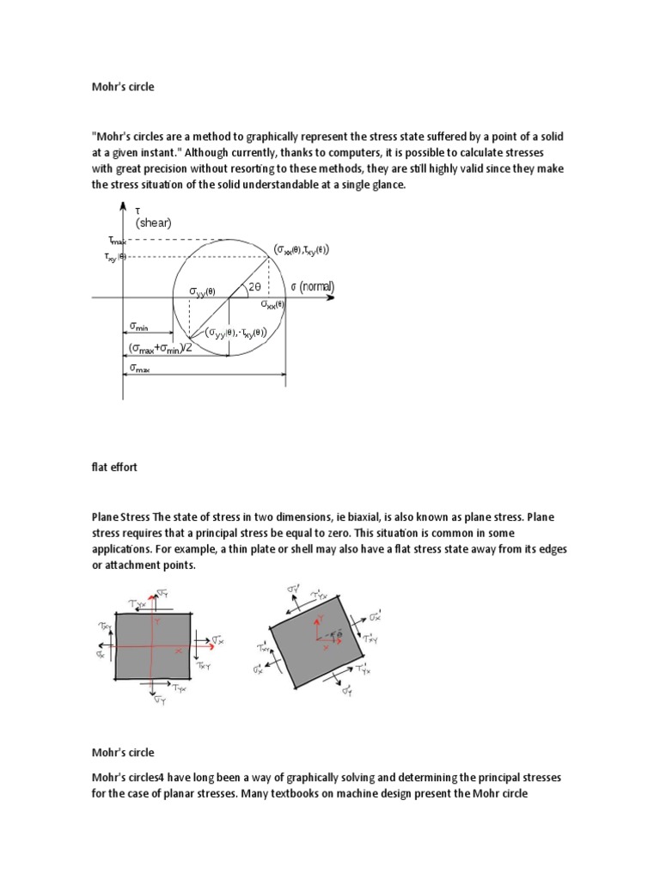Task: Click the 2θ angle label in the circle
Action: (254, 288)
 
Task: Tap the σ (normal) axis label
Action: (312, 286)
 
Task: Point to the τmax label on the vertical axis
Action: (115, 241)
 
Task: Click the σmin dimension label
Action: (139, 327)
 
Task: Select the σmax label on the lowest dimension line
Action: (139, 368)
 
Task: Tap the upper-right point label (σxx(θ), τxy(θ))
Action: (302, 249)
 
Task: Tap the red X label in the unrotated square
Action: (179, 651)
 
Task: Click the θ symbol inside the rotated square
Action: (338, 632)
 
